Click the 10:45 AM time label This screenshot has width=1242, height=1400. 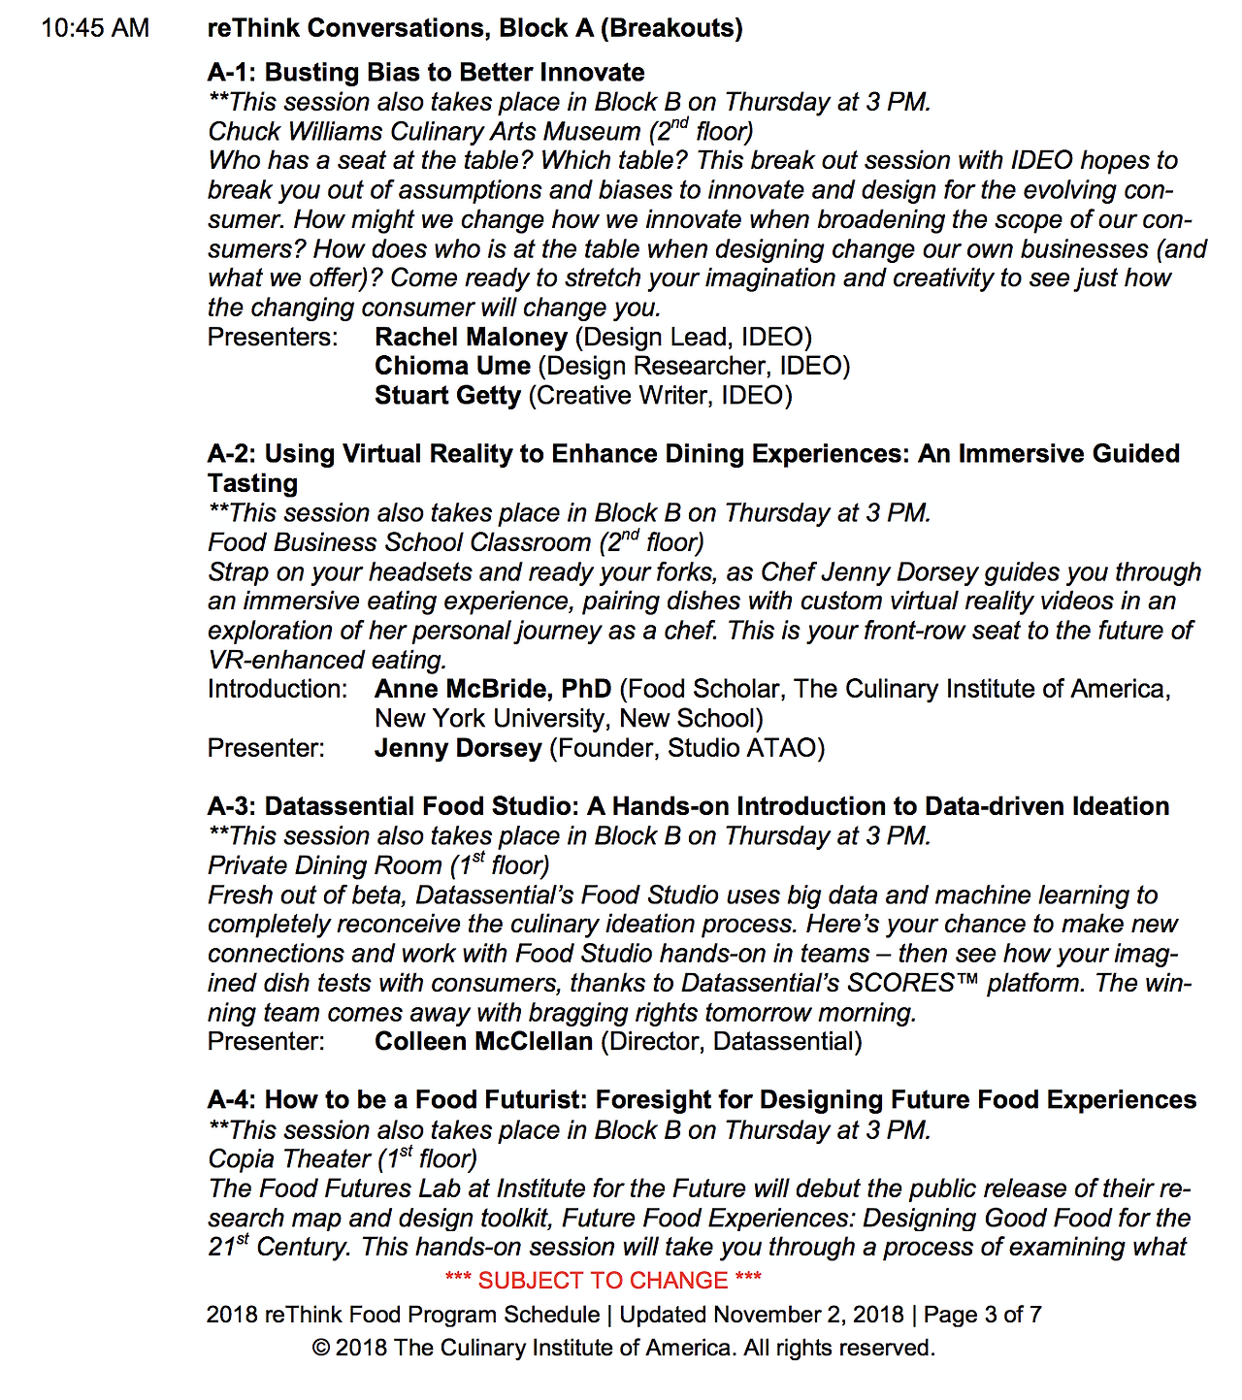95,28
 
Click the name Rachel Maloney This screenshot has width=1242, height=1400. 471,337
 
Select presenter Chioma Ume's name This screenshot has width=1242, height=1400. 452,366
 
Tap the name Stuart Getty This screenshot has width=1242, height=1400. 447,396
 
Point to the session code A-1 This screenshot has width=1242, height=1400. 230,73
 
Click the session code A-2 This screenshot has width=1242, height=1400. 230,454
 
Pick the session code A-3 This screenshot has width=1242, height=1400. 230,806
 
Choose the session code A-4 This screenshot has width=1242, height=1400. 230,1100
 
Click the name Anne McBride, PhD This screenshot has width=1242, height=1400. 493,689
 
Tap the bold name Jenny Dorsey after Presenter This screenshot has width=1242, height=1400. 458,748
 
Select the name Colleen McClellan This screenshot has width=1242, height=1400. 483,1042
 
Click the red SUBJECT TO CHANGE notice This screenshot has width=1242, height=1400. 603,1281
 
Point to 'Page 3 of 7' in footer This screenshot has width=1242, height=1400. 982,1315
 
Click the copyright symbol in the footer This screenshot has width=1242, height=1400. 320,1349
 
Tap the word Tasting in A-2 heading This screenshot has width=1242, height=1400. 252,483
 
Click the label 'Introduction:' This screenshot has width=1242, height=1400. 278,689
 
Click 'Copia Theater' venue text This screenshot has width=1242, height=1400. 289,1159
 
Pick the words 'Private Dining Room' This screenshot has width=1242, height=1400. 325,865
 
